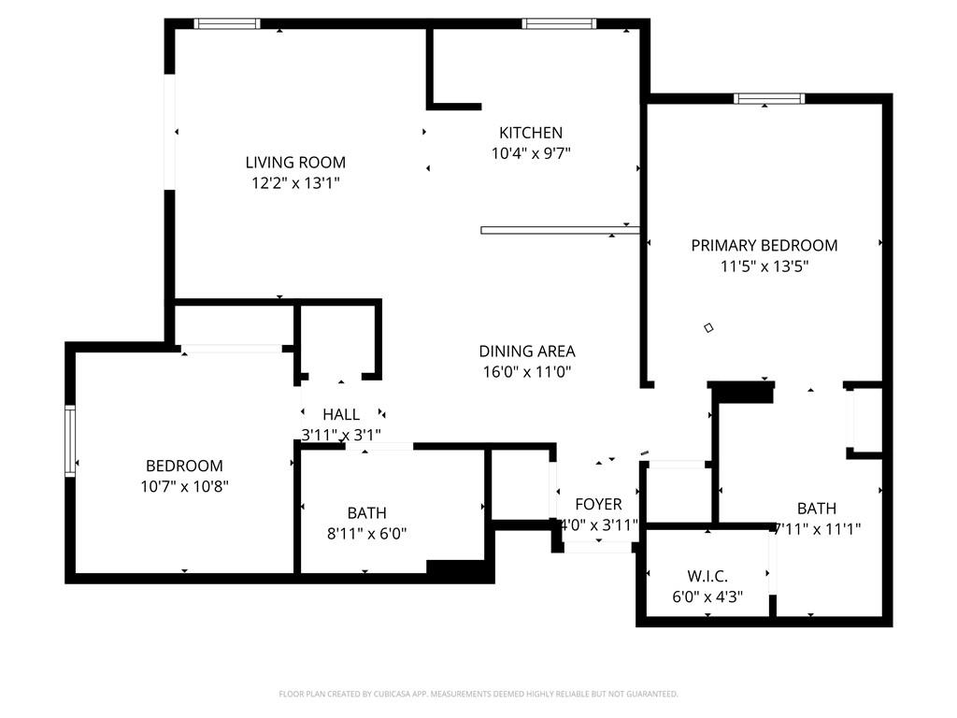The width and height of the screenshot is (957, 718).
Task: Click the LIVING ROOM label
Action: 295,162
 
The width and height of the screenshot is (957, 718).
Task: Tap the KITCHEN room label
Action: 531,133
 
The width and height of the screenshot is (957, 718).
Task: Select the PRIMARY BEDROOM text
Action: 764,245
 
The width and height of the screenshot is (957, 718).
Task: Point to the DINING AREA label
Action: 527,352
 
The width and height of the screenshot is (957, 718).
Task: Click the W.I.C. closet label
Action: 707,576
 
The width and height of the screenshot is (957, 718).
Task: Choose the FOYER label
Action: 598,505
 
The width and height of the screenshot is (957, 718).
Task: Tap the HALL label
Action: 341,414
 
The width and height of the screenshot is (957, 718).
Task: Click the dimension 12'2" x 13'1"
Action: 295,183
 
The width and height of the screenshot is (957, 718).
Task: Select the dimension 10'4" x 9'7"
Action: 531,153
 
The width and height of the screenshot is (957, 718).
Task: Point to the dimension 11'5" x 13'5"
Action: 764,266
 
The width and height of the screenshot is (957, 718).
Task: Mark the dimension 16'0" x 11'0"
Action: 527,372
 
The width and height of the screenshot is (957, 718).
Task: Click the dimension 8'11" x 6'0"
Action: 367,534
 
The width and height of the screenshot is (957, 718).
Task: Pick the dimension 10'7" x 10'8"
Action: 184,486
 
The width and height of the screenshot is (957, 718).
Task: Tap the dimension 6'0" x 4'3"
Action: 707,596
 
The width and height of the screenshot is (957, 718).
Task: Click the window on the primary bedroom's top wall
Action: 769,98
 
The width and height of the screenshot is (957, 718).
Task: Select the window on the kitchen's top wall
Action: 559,23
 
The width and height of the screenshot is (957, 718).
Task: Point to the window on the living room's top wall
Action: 227,23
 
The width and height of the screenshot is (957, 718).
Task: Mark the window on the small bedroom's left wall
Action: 70,441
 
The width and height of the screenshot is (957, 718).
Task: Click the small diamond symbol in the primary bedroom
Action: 708,327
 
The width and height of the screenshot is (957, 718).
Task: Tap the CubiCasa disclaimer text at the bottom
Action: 478,694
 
